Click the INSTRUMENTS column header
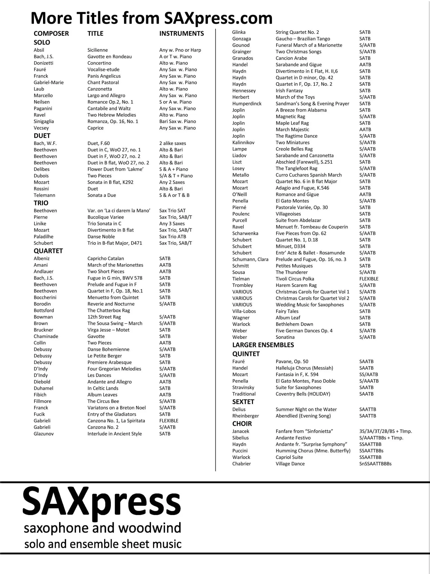(181, 33)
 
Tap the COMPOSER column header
(51, 33)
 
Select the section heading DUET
(42, 136)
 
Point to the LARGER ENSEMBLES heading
(263, 345)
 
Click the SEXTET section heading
(243, 402)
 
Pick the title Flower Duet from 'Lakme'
(115, 169)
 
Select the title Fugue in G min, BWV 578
(115, 278)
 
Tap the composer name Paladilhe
(43, 237)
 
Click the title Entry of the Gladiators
(112, 414)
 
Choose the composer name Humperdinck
(247, 104)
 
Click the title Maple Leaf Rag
(292, 123)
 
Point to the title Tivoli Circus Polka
(295, 279)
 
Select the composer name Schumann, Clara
(250, 259)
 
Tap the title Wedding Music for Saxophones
(310, 305)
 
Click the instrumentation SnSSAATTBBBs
(375, 464)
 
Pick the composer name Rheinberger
(245, 416)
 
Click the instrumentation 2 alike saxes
(172, 143)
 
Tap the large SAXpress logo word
(102, 503)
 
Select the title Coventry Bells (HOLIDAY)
(303, 394)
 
